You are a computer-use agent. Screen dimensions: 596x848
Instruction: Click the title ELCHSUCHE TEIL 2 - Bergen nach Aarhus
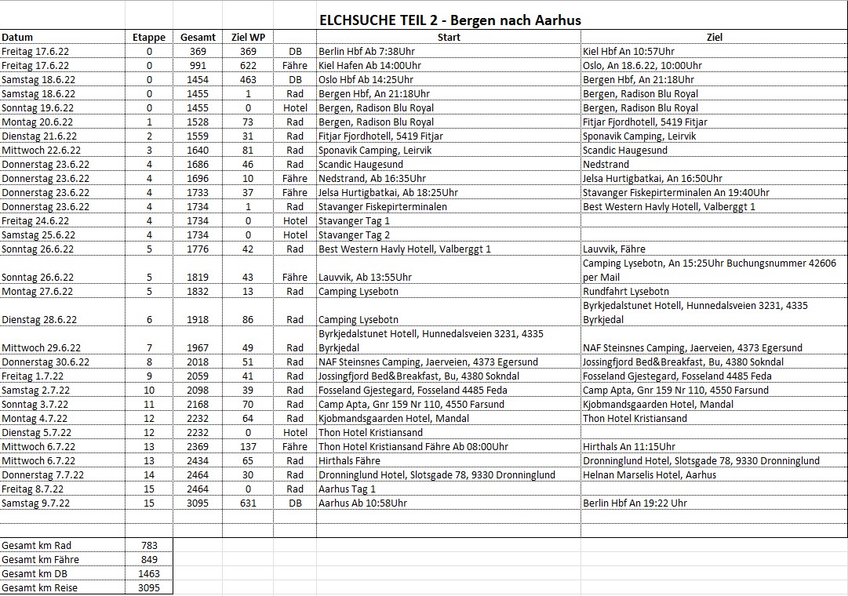(449, 20)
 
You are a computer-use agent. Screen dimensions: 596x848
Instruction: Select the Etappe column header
(149, 37)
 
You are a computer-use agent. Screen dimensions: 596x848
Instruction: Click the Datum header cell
(17, 37)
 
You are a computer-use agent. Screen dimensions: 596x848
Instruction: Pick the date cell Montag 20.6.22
(37, 122)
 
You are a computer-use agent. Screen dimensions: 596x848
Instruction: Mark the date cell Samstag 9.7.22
(35, 503)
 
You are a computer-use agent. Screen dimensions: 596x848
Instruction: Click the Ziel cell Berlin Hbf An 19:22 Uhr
(635, 503)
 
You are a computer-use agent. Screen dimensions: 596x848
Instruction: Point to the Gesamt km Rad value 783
(149, 545)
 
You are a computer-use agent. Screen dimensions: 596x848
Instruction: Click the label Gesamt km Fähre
(40, 559)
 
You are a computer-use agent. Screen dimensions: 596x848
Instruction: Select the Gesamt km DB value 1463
(149, 573)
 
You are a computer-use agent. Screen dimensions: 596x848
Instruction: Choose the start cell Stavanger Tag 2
(354, 234)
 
